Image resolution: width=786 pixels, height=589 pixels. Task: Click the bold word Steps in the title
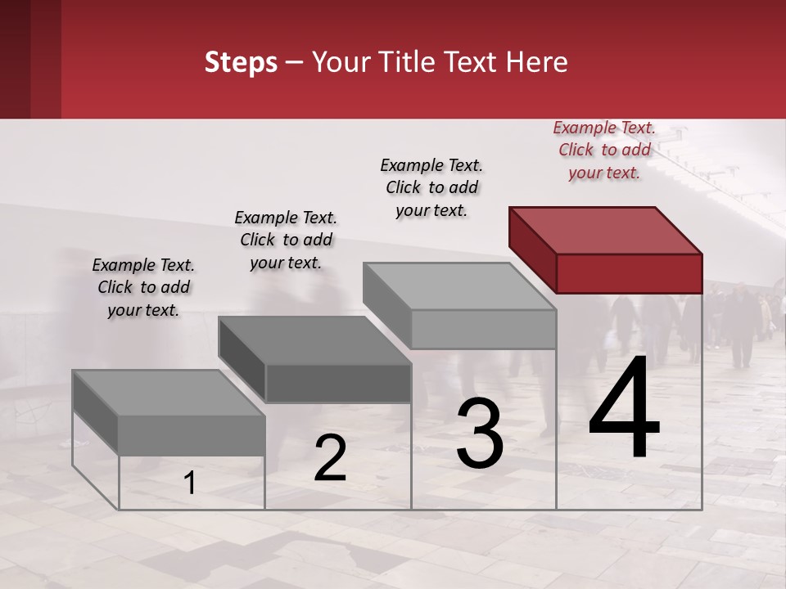click(x=241, y=62)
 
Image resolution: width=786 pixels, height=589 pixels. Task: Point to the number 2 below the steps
click(x=330, y=458)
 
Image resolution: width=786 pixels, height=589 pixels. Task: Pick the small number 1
click(x=190, y=483)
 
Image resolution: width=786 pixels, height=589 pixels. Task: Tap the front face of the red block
click(x=629, y=273)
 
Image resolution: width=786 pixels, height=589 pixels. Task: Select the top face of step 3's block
click(x=458, y=286)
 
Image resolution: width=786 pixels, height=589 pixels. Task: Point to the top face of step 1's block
click(x=169, y=393)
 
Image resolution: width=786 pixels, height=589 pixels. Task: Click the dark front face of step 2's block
click(x=338, y=383)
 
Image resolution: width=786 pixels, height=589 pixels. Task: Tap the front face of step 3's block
click(x=483, y=329)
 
